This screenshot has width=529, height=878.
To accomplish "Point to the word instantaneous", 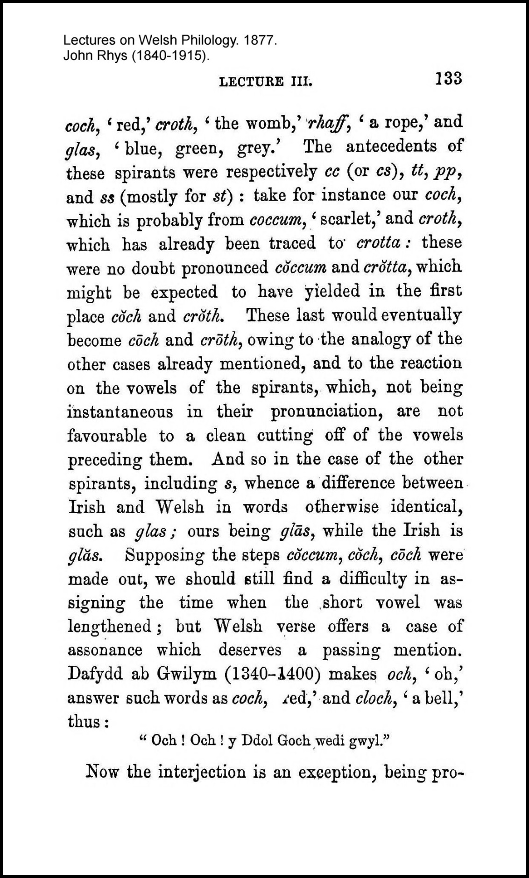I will coord(120,412).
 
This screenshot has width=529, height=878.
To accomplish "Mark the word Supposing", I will coord(164,556).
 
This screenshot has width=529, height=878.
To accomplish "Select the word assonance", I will coord(105,650).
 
